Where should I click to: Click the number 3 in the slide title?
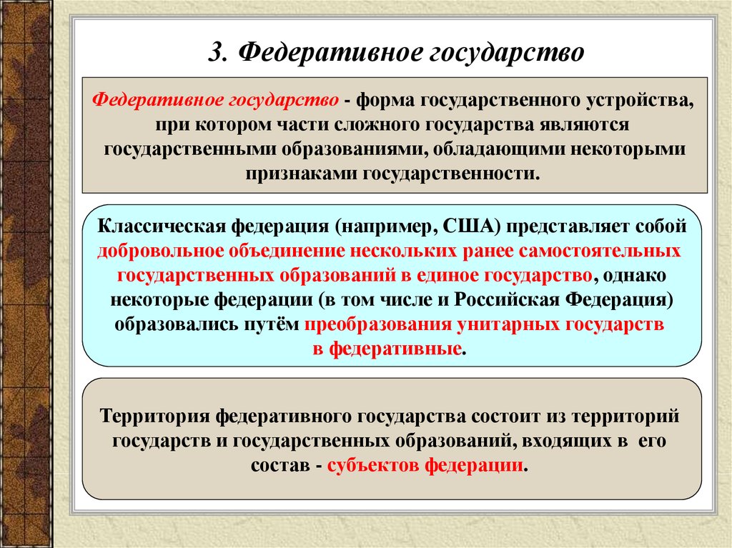pyautogui.click(x=217, y=52)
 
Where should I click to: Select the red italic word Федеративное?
pyautogui.click(x=157, y=100)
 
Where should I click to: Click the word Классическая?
pyautogui.click(x=162, y=226)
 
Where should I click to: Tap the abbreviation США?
pyautogui.click(x=472, y=226)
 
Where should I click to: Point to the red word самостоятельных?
pyautogui.click(x=600, y=251)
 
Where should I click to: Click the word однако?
pyautogui.click(x=635, y=275)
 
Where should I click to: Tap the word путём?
pyautogui.click(x=272, y=324)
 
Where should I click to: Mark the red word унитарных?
pyautogui.click(x=508, y=324)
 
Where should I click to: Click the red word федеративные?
pyautogui.click(x=395, y=349)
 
